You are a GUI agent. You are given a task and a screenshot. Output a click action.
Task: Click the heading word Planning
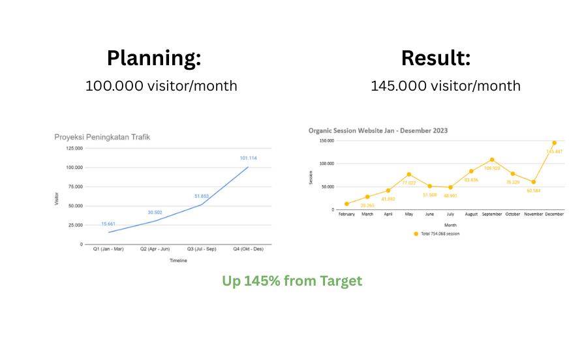click(x=154, y=58)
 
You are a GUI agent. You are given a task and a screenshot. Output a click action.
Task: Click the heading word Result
click(x=436, y=58)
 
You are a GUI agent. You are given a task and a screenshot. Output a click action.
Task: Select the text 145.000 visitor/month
click(x=446, y=85)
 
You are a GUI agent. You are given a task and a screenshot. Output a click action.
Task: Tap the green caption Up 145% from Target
click(x=292, y=281)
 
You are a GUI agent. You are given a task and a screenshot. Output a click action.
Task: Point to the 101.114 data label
click(x=247, y=158)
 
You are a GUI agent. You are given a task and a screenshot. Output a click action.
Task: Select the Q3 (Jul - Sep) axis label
click(x=202, y=249)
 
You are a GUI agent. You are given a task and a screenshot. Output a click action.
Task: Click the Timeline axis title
click(x=178, y=261)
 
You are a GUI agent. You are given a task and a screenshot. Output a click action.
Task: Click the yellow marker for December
click(x=554, y=143)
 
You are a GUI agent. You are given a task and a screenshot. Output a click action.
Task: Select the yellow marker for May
click(x=408, y=174)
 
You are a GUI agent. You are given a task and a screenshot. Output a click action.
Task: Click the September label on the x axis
click(x=492, y=214)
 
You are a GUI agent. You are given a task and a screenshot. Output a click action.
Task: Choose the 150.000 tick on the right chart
click(x=326, y=140)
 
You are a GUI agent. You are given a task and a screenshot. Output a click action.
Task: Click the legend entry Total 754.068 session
click(x=437, y=233)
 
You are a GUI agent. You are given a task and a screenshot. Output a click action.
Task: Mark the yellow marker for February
click(x=346, y=204)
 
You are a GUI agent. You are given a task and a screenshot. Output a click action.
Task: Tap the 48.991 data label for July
click(x=450, y=196)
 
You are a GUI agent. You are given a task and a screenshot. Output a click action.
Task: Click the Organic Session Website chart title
click(x=378, y=130)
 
